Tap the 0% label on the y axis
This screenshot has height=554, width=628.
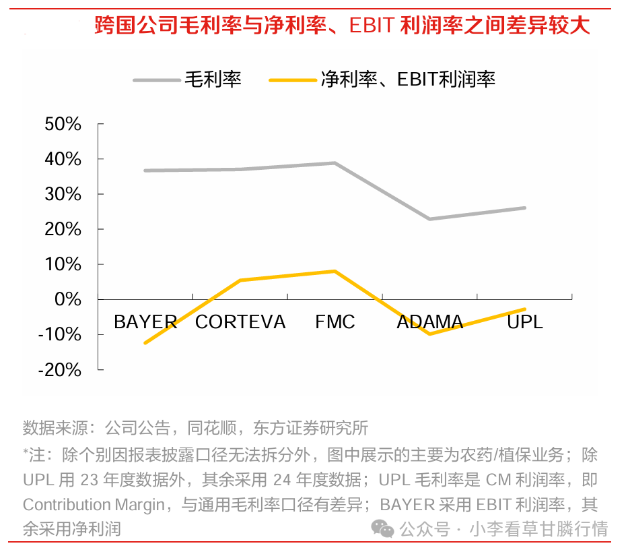click(x=68, y=299)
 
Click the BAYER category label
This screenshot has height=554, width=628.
click(x=145, y=322)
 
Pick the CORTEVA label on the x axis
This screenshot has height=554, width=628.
click(x=240, y=322)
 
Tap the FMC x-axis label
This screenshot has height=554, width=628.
click(x=335, y=322)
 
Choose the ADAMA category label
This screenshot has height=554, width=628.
click(x=429, y=322)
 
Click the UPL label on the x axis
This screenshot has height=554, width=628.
click(x=524, y=322)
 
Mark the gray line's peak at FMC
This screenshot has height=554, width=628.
click(x=335, y=163)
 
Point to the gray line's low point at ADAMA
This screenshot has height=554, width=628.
click(x=429, y=219)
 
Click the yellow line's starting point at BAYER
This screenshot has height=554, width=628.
click(x=145, y=342)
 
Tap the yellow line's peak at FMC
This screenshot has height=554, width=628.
click(x=335, y=271)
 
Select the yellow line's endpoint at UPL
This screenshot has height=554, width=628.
click(x=524, y=309)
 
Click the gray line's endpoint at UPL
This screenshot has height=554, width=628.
click(x=524, y=208)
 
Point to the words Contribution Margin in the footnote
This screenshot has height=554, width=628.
click(x=94, y=505)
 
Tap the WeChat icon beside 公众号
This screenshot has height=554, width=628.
click(x=384, y=529)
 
